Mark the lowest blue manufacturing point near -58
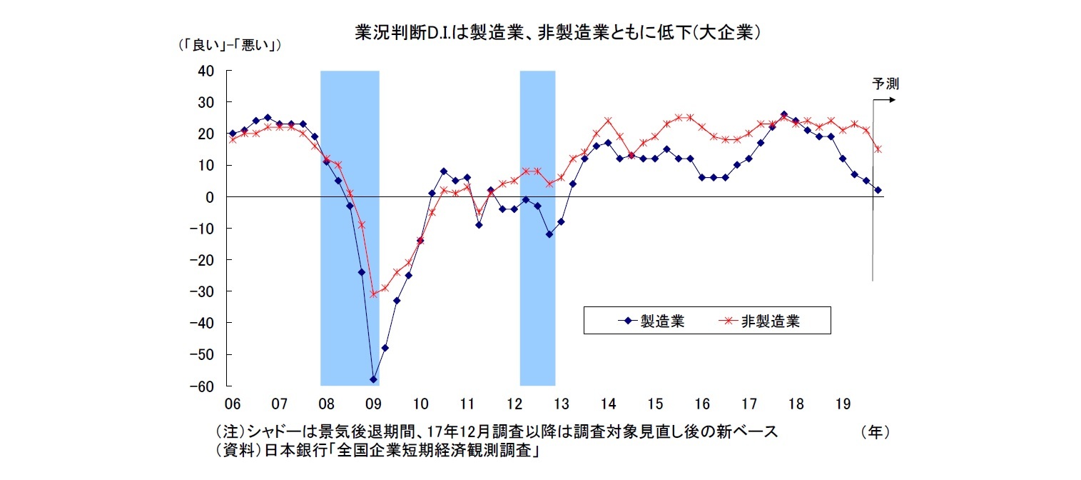(x=373, y=379)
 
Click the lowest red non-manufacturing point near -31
(x=373, y=294)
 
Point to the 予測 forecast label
(x=885, y=84)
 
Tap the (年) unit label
(x=875, y=432)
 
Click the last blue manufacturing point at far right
(x=878, y=190)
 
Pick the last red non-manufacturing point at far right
(x=878, y=149)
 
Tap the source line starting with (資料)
(x=376, y=451)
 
